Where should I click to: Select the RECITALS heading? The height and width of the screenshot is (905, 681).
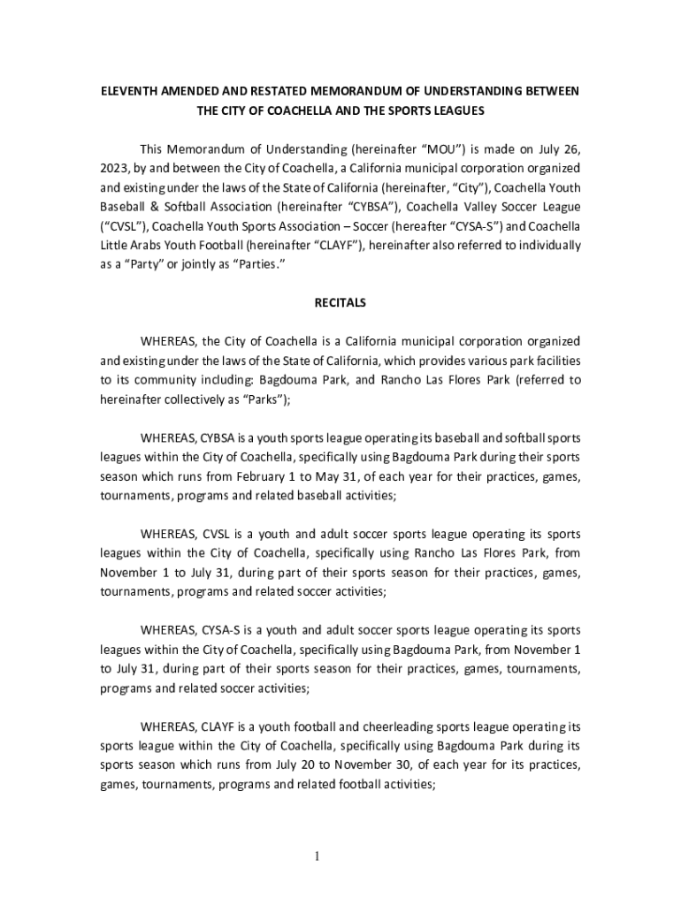pyautogui.click(x=340, y=302)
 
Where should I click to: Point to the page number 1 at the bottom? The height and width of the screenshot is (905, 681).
pyautogui.click(x=340, y=856)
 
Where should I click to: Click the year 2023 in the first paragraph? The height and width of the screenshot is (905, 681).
pyautogui.click(x=114, y=168)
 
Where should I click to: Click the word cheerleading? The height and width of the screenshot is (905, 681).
pyautogui.click(x=354, y=726)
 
